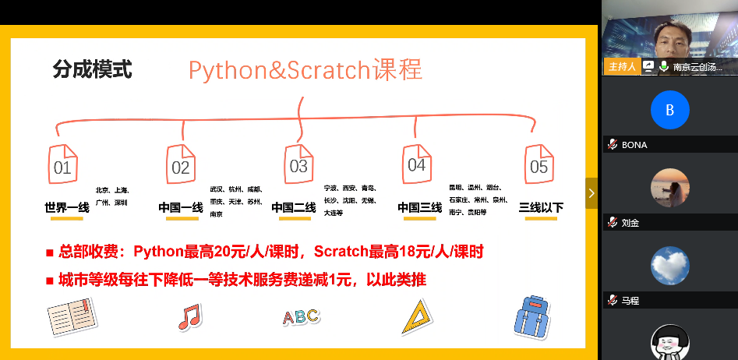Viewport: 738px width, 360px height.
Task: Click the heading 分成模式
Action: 92,70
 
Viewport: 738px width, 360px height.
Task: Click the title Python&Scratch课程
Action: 305,70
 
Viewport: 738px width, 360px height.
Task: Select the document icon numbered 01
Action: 63,163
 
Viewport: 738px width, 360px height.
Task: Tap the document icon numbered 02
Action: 181,163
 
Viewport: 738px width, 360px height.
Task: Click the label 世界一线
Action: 67,207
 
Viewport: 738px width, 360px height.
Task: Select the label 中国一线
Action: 181,207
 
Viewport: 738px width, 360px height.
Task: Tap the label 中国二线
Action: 294,207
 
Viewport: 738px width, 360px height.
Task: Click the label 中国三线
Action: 420,207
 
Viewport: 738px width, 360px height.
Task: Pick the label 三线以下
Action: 541,207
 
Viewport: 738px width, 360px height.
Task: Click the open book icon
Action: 71,316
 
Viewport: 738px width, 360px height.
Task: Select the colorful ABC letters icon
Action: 301,316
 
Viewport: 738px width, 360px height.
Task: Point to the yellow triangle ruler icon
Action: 418,316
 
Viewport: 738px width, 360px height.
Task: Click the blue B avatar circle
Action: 670,110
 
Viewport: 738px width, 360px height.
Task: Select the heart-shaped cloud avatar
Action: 670,265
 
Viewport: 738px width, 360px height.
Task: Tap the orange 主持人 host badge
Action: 622,66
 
